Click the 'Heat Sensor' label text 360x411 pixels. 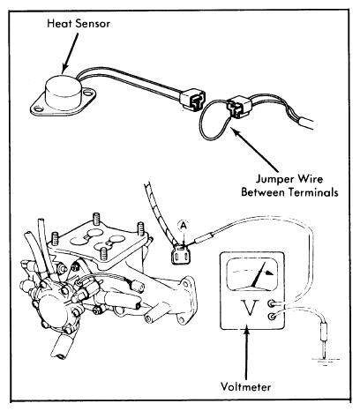pyautogui.click(x=79, y=24)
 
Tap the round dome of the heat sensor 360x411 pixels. pyautogui.click(x=63, y=87)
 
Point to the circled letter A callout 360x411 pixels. pyautogui.click(x=184, y=226)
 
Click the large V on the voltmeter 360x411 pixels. pyautogui.click(x=250, y=308)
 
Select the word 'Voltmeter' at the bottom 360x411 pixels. pyautogui.click(x=246, y=386)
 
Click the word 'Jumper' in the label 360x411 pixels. pyautogui.click(x=273, y=179)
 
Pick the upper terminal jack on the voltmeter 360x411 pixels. pyautogui.click(x=272, y=303)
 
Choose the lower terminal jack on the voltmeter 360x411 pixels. pyautogui.click(x=272, y=317)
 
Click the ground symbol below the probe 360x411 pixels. pyautogui.click(x=325, y=362)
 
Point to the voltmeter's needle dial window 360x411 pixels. pyautogui.click(x=252, y=274)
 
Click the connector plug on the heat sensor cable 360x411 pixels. pyautogui.click(x=193, y=99)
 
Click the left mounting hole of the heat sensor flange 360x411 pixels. pyautogui.click(x=38, y=109)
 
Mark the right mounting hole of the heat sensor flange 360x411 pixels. pyautogui.click(x=87, y=93)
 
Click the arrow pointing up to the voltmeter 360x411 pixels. pyautogui.click(x=246, y=351)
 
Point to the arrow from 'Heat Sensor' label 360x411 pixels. pyautogui.click(x=70, y=52)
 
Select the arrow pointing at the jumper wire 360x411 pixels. pyautogui.click(x=255, y=149)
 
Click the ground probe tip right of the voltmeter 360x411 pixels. pyautogui.click(x=324, y=339)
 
